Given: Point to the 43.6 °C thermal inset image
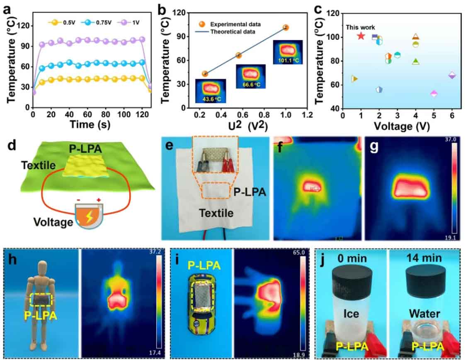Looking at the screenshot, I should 209,90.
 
